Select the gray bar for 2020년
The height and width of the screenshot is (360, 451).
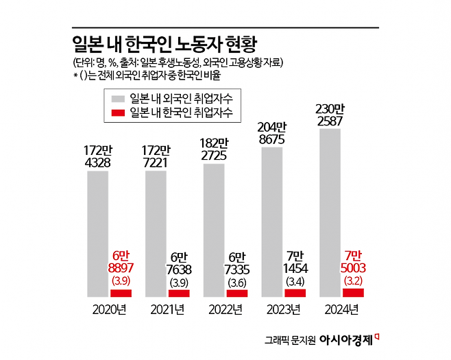[x=97, y=233]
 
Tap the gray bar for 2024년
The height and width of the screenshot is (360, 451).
[x=330, y=213]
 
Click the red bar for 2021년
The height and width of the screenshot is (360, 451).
[x=179, y=293]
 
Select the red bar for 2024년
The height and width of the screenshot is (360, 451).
[x=353, y=292]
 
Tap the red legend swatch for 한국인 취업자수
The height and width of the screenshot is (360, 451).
[x=116, y=112]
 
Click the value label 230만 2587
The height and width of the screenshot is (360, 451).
[x=330, y=115]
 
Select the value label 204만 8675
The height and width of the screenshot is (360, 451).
[x=272, y=133]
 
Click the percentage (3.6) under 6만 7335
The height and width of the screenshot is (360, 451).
[x=237, y=282]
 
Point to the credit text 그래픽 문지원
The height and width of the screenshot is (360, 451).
[x=289, y=339]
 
